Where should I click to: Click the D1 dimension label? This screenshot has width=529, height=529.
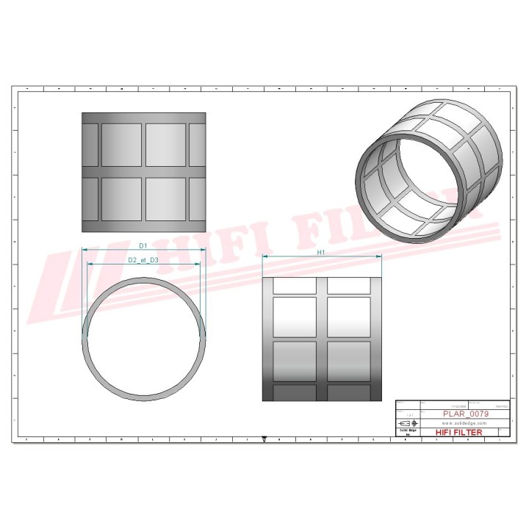point(144,244)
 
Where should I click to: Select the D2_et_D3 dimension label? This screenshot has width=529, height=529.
point(144,259)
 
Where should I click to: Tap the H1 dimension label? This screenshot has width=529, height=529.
point(321,252)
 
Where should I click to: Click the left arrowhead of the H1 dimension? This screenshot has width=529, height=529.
point(265,256)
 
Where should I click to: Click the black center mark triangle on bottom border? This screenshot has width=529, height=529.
point(264,441)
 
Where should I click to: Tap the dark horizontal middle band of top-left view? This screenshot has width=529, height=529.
point(144,172)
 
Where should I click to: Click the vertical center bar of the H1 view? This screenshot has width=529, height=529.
point(322,339)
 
